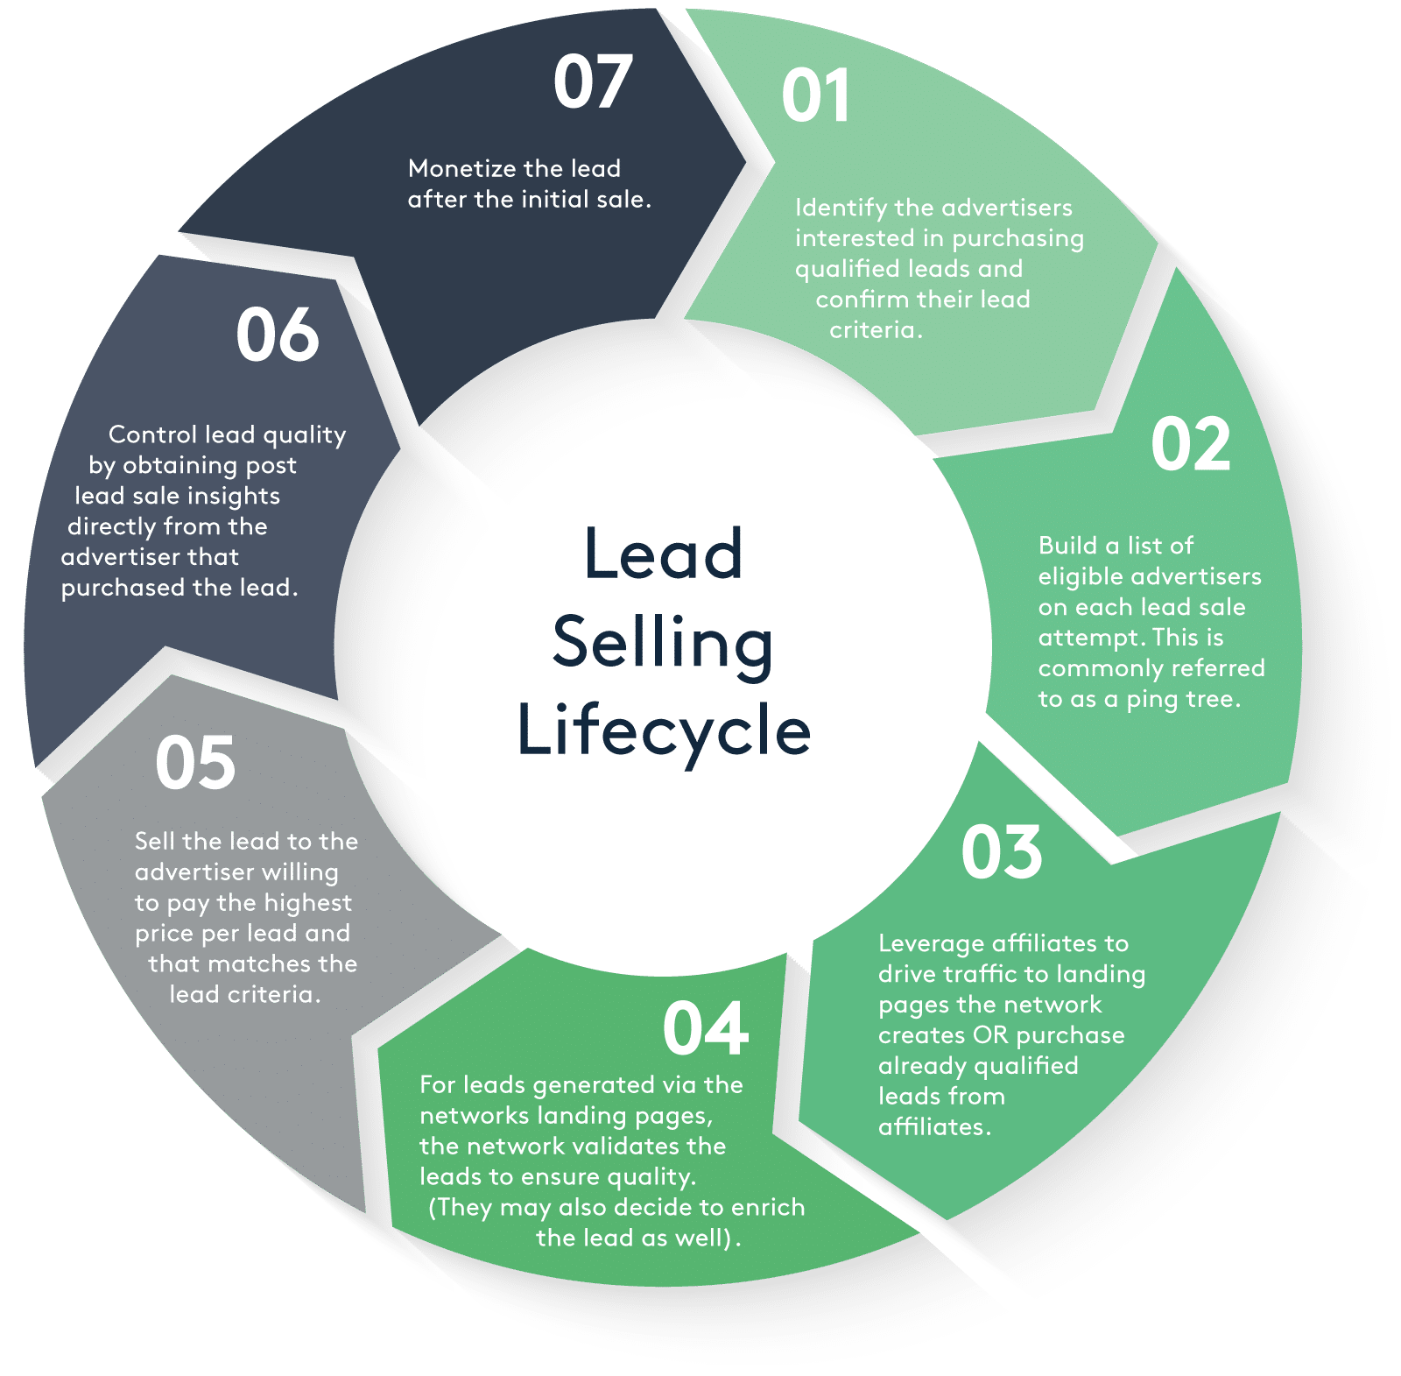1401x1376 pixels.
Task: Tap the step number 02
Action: [1190, 445]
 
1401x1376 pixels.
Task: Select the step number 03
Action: [1001, 852]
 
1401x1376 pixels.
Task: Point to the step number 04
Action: [705, 1028]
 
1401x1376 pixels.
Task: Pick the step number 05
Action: [195, 763]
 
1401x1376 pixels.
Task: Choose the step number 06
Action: [277, 335]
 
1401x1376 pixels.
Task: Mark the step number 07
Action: [592, 81]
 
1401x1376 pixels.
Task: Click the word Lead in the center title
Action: [664, 554]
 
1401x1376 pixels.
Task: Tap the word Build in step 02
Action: [1067, 546]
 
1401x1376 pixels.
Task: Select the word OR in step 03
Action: [990, 1035]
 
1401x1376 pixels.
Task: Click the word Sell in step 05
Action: [155, 841]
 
